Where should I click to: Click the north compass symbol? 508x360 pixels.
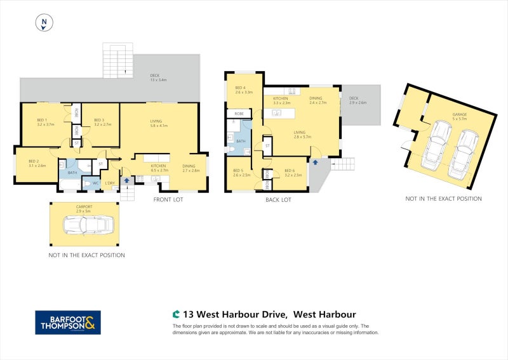tap(43, 23)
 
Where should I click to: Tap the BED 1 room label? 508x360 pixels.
tap(46, 122)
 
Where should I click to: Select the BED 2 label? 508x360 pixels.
tap(37, 163)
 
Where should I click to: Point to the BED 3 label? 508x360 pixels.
tap(102, 122)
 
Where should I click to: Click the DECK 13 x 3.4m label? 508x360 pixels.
tap(157, 77)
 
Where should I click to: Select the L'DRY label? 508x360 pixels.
tap(109, 183)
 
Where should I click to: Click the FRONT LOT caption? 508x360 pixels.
tap(169, 199)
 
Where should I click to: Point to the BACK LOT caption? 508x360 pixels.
tap(278, 199)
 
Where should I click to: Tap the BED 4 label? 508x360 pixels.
tap(243, 90)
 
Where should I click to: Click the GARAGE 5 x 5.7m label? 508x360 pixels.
tap(459, 117)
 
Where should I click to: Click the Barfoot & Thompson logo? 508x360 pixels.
tap(67, 322)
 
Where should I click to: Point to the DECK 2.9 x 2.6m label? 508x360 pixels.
tap(358, 100)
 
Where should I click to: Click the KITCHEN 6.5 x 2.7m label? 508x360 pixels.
tap(159, 168)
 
